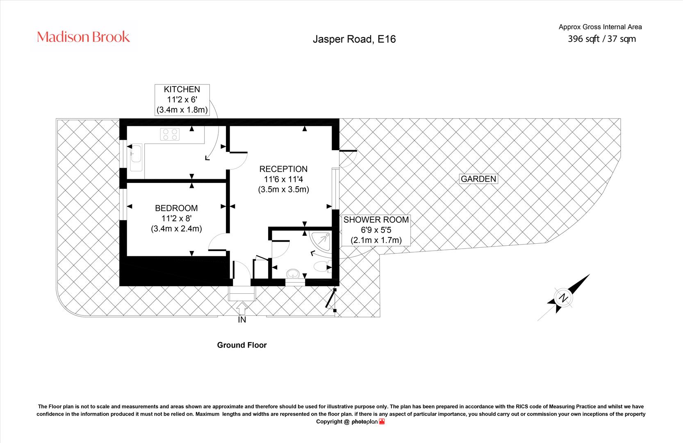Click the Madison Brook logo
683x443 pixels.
coord(83,37)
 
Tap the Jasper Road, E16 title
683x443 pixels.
coord(354,39)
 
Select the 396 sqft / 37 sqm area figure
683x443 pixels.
coord(601,39)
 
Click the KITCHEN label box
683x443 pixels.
coord(182,100)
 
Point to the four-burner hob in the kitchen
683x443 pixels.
coord(170,134)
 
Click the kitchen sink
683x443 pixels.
coord(136,158)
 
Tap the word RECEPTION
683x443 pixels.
coord(283,169)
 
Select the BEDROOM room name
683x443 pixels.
coord(176,208)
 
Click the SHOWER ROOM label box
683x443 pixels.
coord(376,230)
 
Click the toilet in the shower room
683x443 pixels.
coord(322,266)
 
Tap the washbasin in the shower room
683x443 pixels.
coord(293,274)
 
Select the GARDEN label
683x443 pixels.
coord(478,179)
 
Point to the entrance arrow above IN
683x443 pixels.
coord(242,308)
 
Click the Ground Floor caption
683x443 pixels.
coord(242,345)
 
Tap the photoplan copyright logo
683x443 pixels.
coord(368,422)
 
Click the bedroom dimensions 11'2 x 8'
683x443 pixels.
coord(176,219)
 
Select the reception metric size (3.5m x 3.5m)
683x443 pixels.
coord(283,190)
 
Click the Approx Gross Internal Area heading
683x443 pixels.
coord(600,27)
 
